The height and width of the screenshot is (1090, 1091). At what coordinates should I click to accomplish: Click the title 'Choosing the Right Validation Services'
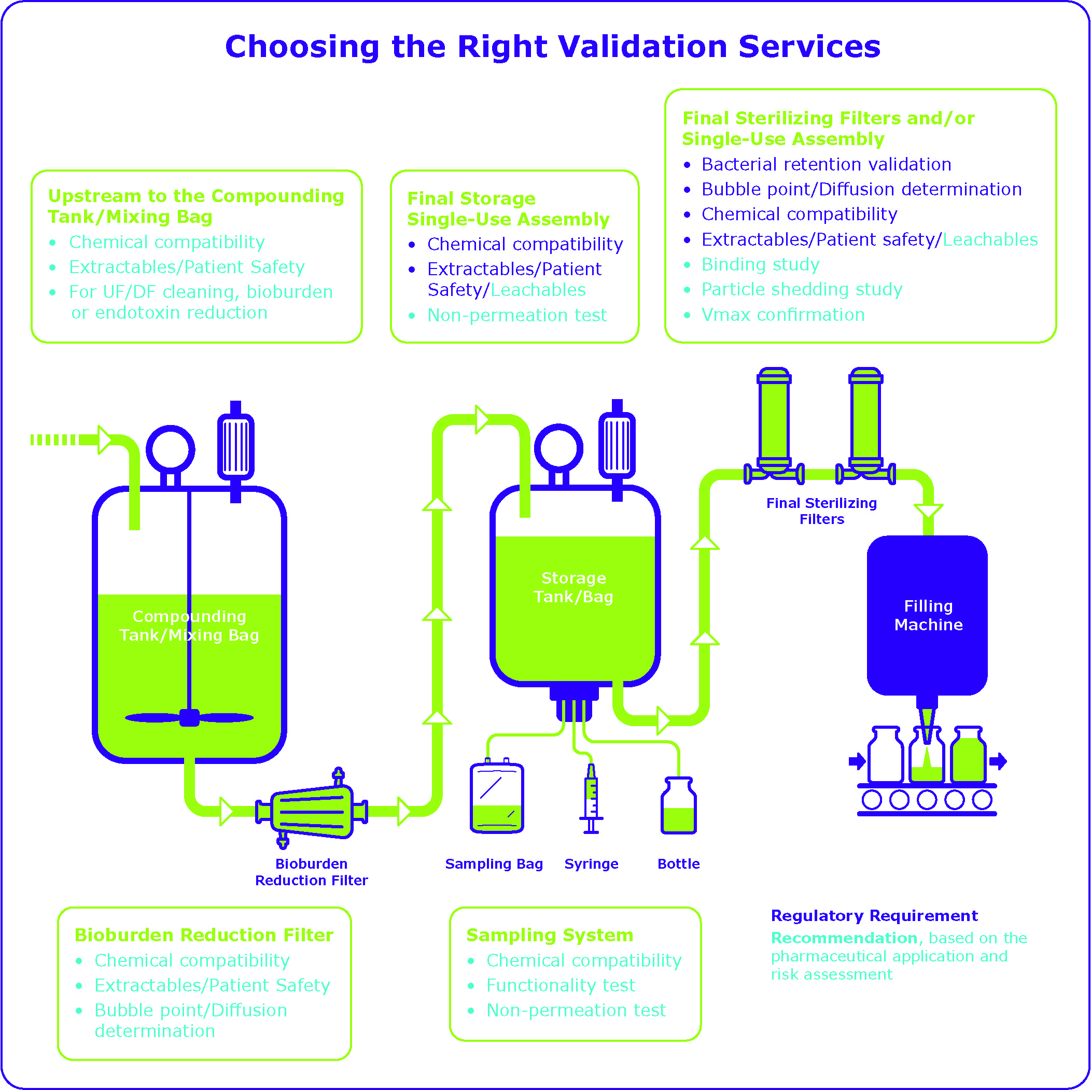552,46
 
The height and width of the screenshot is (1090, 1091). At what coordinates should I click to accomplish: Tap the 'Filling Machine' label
928,615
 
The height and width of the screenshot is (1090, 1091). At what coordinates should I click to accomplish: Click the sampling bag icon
497,798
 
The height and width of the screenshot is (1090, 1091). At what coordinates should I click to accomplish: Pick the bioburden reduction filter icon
312,811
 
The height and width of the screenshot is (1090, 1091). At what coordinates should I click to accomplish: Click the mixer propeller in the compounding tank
189,717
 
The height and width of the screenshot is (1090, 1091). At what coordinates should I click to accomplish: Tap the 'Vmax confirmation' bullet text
782,315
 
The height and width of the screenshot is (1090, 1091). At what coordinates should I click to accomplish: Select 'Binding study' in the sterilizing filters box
760,264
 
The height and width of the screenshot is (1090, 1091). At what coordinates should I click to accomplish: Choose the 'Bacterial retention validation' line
826,164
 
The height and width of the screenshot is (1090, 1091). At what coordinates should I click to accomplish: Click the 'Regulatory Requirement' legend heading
874,915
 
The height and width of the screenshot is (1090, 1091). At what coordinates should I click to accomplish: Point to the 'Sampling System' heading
550,936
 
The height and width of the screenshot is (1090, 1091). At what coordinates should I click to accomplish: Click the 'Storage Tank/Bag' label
573,587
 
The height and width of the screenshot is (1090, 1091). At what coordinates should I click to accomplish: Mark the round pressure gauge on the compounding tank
171,450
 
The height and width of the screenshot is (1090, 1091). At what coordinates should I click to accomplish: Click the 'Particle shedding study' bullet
801,289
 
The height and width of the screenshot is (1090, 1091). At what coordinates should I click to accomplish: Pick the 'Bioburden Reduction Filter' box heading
204,936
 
